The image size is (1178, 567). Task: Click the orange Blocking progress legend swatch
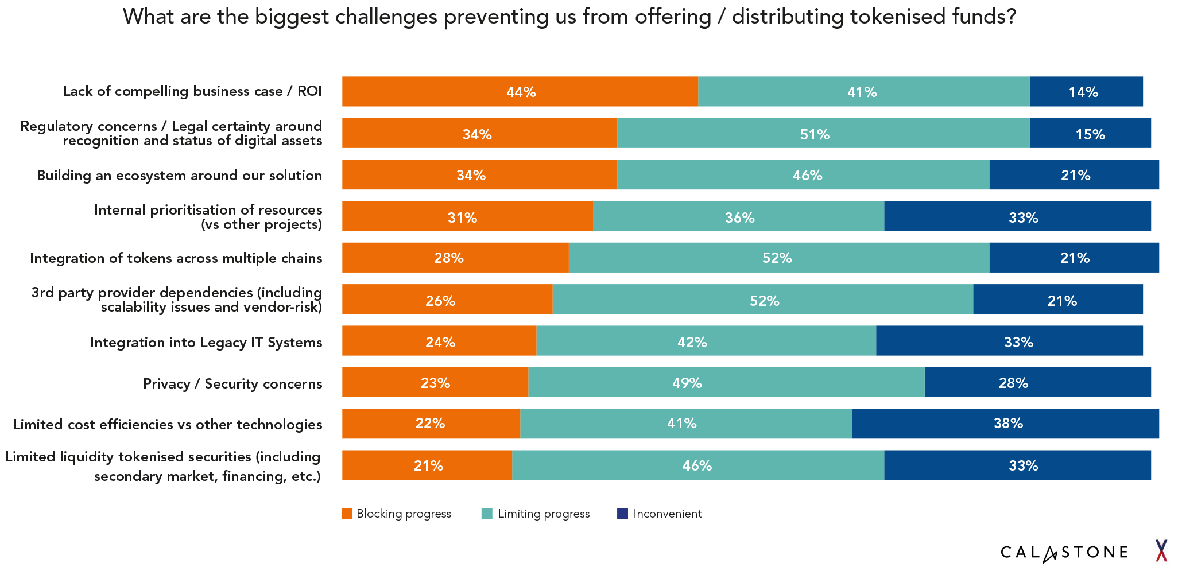coord(347,514)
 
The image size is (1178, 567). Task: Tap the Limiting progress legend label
coord(543,514)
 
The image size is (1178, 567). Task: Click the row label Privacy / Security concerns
coord(232,383)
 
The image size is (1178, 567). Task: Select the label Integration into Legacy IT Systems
coord(206,343)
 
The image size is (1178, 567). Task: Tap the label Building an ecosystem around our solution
coord(179,176)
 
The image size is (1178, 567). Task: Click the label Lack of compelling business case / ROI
coord(192,91)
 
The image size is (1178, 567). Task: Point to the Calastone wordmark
coord(1064,552)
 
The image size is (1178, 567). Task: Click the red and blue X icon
coord(1161,550)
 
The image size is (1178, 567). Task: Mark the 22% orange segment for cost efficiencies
coord(431,424)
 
